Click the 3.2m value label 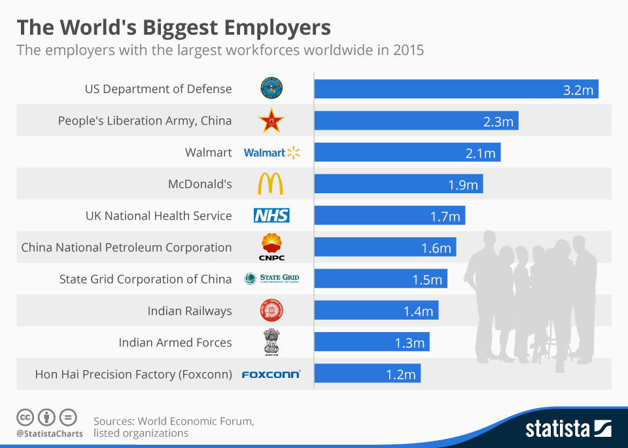[x=578, y=90]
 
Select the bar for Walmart [x=407, y=153]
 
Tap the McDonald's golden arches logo [x=271, y=184]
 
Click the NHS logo [x=271, y=215]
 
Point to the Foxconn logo [x=271, y=375]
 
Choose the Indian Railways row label [x=190, y=311]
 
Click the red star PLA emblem [x=271, y=121]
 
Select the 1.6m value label [x=436, y=248]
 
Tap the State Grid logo [x=271, y=279]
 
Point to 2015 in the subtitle [x=408, y=50]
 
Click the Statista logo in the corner [x=568, y=429]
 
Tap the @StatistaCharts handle [x=50, y=434]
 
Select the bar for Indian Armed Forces [x=372, y=343]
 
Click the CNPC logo [x=271, y=248]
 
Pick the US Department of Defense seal [x=271, y=88]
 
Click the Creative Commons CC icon [x=25, y=417]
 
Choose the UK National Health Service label [x=159, y=215]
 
